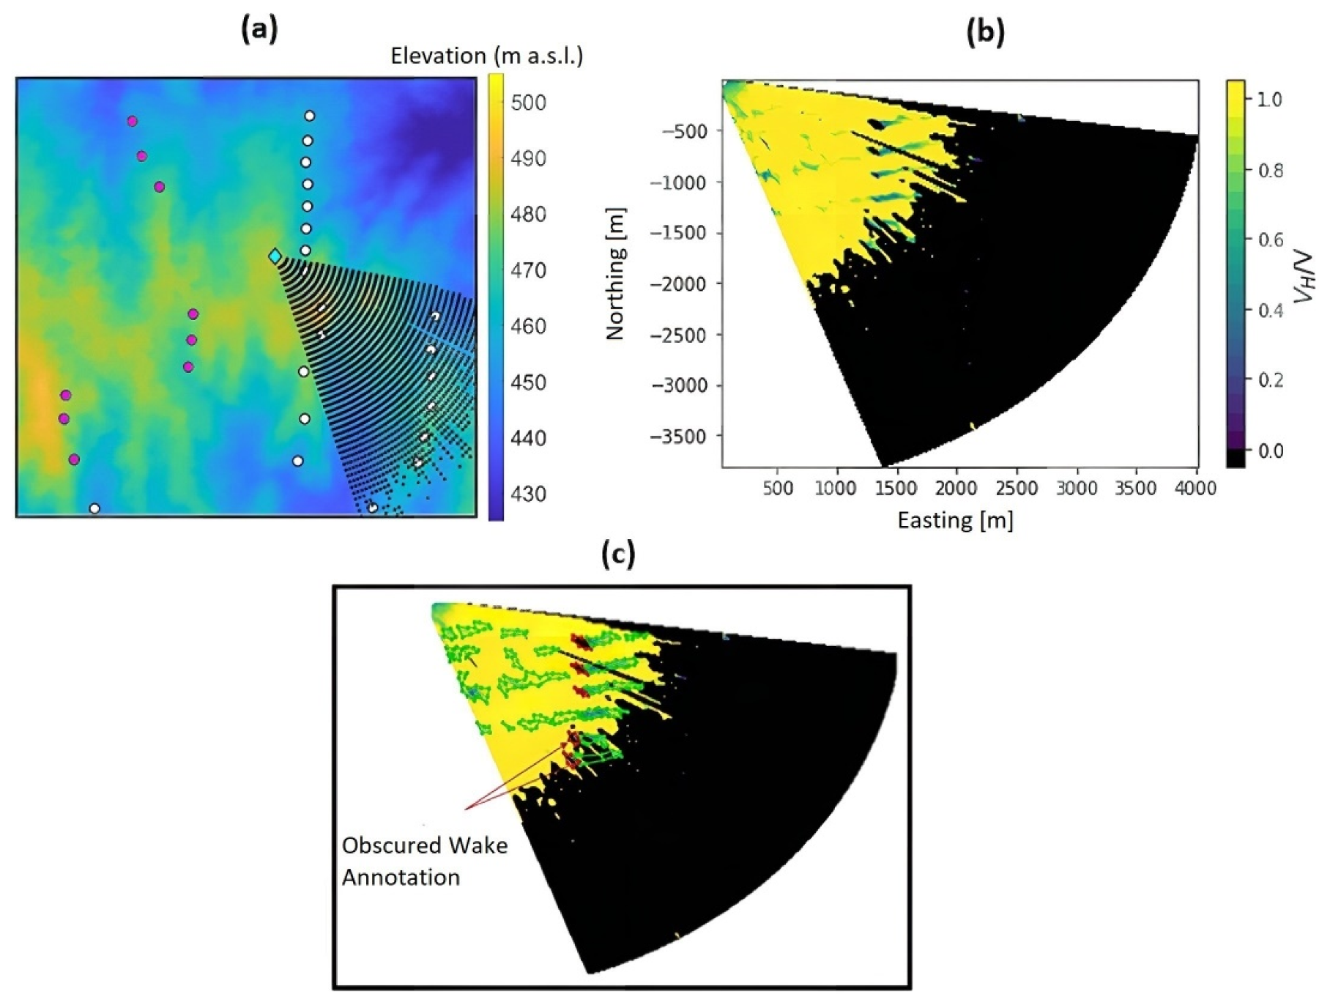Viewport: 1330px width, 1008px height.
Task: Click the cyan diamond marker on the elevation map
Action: pos(275,256)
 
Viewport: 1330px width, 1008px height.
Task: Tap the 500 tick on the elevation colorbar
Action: pos(528,103)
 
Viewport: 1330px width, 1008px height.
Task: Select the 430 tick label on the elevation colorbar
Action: pos(528,494)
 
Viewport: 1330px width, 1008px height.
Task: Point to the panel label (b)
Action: pos(985,32)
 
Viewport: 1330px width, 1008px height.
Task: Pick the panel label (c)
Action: pos(617,555)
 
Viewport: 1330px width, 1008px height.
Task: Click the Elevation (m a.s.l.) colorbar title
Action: pos(486,56)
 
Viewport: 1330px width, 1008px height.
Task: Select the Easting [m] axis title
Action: pos(955,520)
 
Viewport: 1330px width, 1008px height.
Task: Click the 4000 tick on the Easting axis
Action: pos(1195,488)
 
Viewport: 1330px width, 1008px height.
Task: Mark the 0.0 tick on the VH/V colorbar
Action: pos(1270,451)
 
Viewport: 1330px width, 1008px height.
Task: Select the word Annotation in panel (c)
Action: pos(401,877)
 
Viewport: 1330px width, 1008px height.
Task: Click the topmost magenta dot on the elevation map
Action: pos(132,122)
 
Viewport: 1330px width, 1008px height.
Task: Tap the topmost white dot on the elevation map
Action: pos(310,116)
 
